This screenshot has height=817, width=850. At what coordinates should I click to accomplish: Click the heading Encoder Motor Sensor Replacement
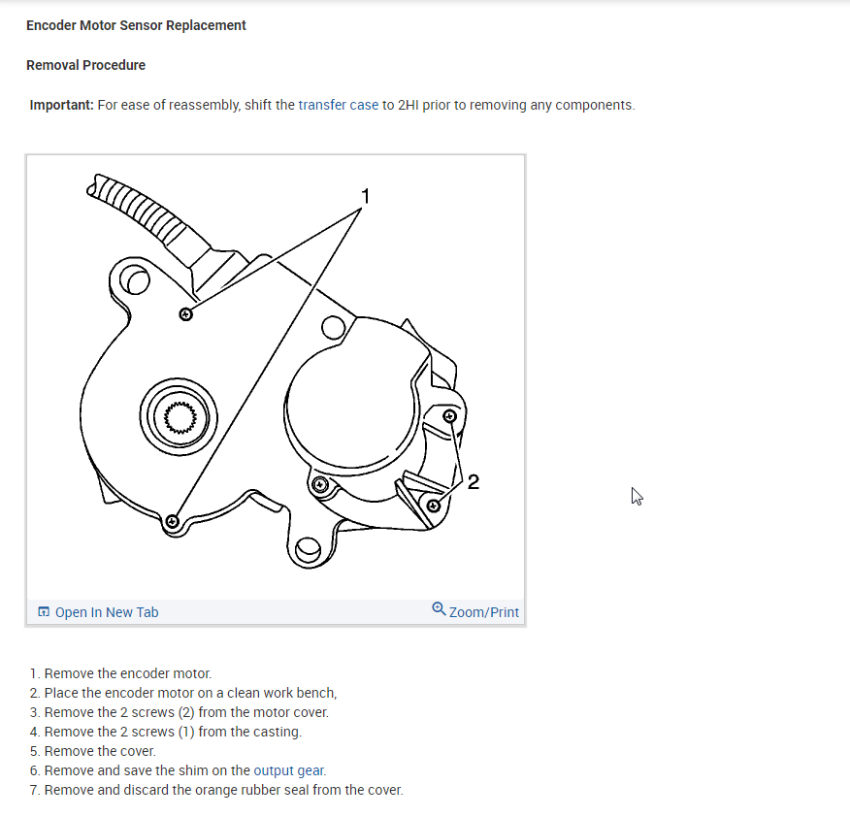click(x=136, y=25)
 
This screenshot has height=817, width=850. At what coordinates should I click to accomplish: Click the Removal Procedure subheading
click(x=85, y=65)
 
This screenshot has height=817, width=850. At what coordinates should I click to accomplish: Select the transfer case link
click(x=338, y=105)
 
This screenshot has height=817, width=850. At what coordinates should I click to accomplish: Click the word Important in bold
click(x=61, y=105)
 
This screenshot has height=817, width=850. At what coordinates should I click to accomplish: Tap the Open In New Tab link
click(x=106, y=612)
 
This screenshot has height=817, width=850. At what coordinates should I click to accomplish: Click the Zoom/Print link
click(x=483, y=612)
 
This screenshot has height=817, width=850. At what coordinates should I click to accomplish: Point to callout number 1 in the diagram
click(x=365, y=196)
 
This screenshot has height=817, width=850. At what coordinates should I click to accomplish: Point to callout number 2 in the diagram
click(x=473, y=481)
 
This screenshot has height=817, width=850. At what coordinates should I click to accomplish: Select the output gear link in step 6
click(x=289, y=770)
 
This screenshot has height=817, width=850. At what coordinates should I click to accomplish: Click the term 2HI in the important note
click(x=408, y=105)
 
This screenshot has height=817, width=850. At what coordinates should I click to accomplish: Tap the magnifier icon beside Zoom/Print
click(x=439, y=609)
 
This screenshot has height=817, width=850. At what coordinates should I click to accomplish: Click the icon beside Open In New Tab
click(x=44, y=612)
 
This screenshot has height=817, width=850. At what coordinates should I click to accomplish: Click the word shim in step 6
click(x=185, y=770)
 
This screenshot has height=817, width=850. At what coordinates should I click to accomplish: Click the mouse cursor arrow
click(x=637, y=496)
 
